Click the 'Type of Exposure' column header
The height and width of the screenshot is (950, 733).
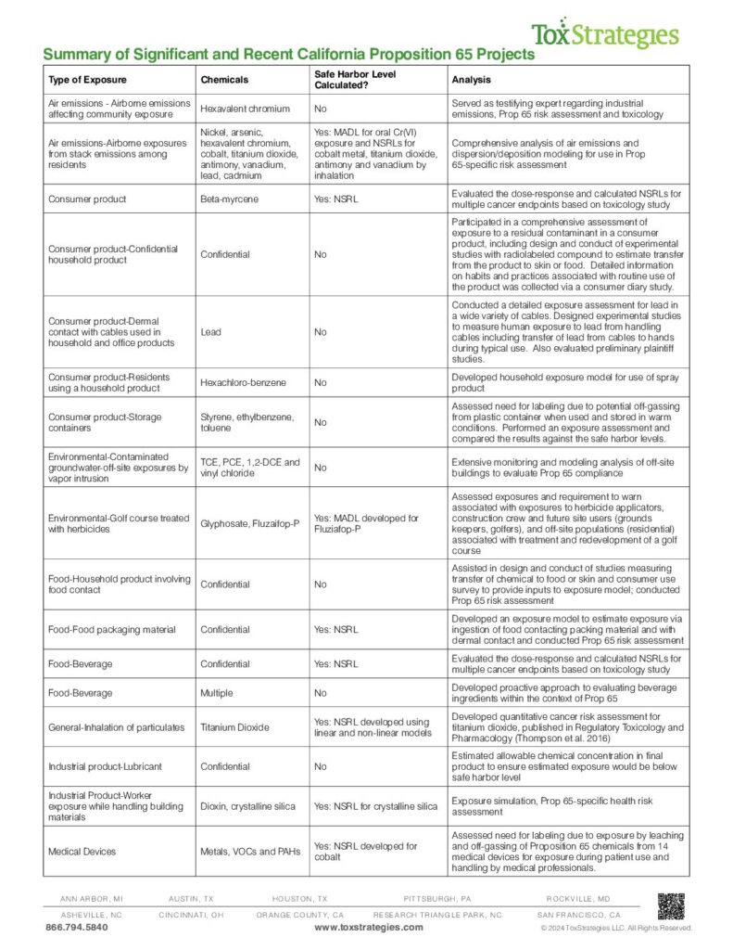[87, 80]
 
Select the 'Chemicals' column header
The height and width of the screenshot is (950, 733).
[222, 80]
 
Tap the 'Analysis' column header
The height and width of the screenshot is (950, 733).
[472, 80]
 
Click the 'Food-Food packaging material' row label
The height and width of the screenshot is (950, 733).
[111, 630]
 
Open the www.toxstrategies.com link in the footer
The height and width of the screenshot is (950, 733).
[368, 928]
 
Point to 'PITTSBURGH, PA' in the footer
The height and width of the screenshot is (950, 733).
[437, 900]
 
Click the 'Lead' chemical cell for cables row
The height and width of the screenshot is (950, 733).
[210, 331]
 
